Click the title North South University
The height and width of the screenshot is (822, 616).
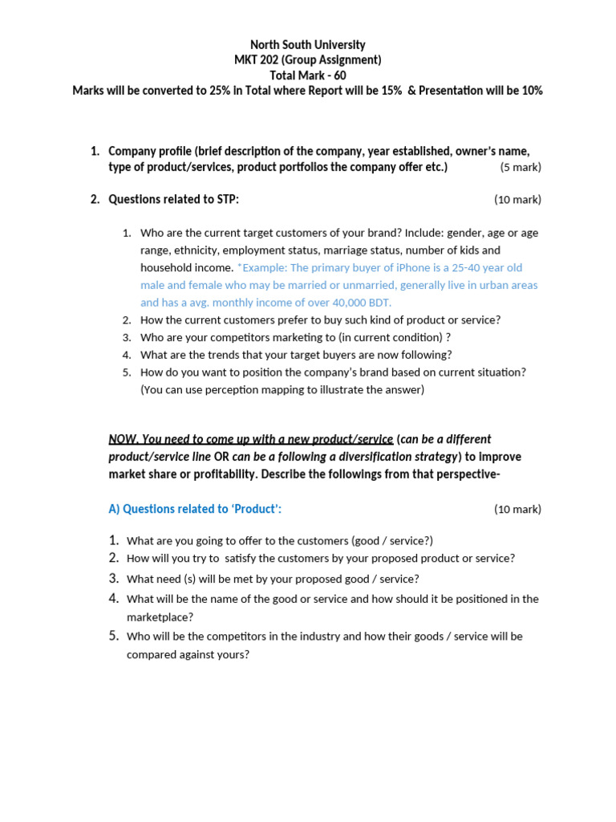[307, 45]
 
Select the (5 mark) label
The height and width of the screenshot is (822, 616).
[520, 167]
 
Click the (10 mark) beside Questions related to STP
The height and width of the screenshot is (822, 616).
[517, 200]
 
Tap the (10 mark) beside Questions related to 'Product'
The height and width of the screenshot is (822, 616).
[517, 509]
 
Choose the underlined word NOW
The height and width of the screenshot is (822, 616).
[123, 439]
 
